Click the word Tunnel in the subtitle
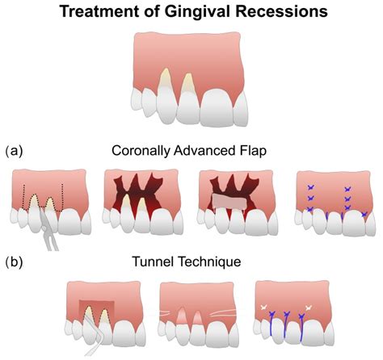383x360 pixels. click(158, 262)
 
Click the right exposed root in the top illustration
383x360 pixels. click(188, 84)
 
